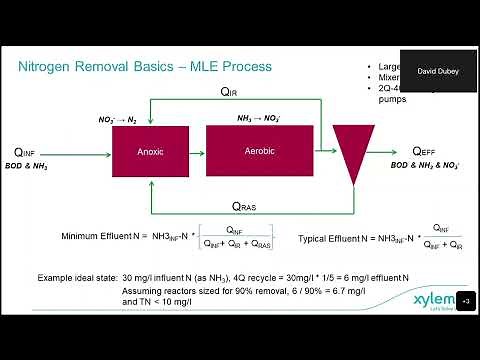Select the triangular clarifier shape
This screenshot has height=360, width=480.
(x=349, y=152)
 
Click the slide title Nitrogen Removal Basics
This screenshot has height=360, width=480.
(x=145, y=67)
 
